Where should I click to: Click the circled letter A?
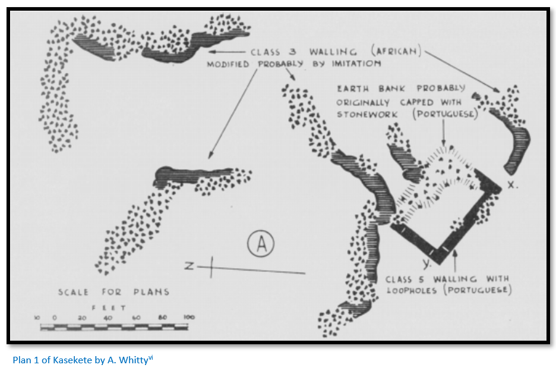(x=261, y=244)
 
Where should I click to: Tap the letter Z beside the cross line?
(x=189, y=266)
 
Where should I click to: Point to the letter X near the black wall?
(x=511, y=185)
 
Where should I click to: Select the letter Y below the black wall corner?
(x=427, y=263)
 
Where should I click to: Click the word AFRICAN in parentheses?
(x=396, y=51)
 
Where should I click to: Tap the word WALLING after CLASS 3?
(x=333, y=52)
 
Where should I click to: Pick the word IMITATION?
(x=356, y=64)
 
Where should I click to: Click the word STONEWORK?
(x=367, y=114)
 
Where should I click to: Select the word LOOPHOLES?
(x=412, y=290)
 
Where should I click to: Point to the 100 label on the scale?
(x=189, y=317)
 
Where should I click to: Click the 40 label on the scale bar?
(x=108, y=317)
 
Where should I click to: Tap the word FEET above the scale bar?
(x=109, y=308)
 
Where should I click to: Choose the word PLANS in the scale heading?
(x=151, y=292)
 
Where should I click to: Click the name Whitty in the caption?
(x=133, y=360)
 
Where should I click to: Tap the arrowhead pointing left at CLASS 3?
(x=212, y=52)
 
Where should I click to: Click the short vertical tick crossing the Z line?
(x=211, y=267)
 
